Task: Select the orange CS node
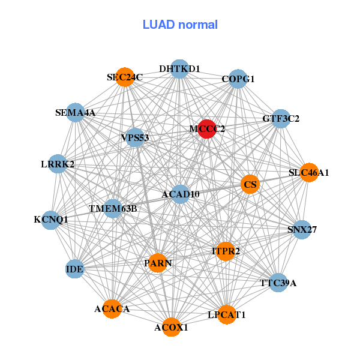tap(250, 184)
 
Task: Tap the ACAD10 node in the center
tap(181, 194)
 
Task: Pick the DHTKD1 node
tap(179, 69)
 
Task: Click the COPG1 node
tap(238, 79)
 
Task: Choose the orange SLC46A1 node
tap(308, 173)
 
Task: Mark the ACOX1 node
tap(171, 327)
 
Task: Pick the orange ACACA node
tap(112, 309)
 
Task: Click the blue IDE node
tap(75, 269)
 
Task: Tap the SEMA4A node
tap(76, 112)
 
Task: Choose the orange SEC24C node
tap(125, 77)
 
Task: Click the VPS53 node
tap(135, 138)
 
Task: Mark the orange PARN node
tap(157, 263)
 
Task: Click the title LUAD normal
tap(180, 25)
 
